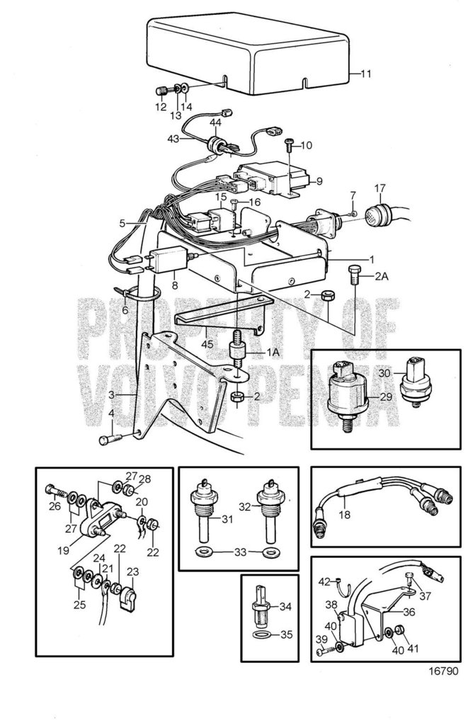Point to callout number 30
(384, 373)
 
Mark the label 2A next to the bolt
(383, 277)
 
